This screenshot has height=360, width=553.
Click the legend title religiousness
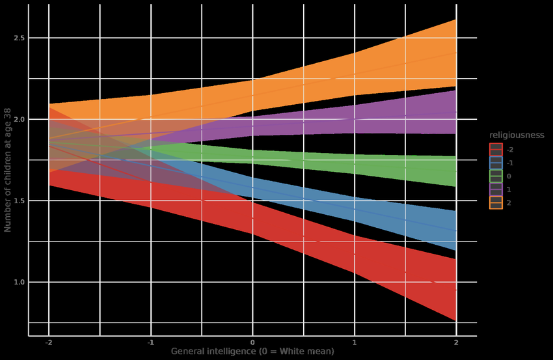click(516, 135)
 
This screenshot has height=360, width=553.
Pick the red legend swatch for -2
click(496, 150)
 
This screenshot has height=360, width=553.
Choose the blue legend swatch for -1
click(496, 163)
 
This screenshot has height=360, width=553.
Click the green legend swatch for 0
click(496, 176)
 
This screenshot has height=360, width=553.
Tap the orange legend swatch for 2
click(496, 203)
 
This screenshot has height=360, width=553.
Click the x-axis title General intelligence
click(252, 352)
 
